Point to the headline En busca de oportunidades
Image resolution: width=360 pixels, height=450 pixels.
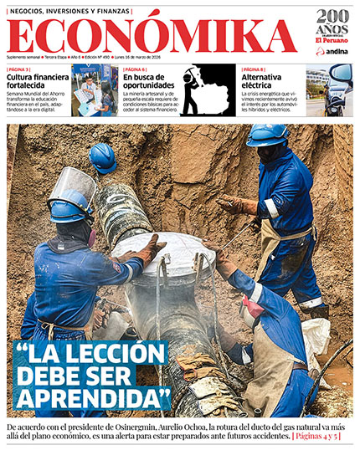coord(149,81)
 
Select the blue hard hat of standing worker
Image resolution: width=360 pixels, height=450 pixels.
coord(267,134)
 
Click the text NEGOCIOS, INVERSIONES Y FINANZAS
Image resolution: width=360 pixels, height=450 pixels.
coord(70,11)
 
